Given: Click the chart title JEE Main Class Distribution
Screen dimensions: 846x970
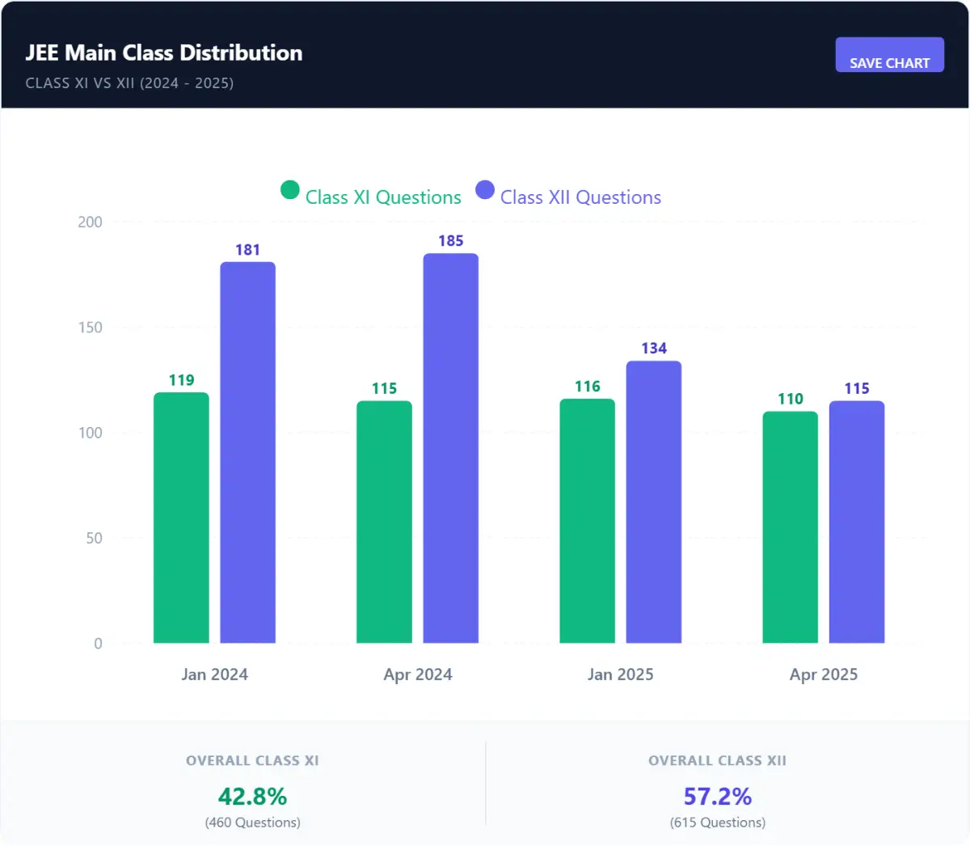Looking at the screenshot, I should click(x=164, y=53).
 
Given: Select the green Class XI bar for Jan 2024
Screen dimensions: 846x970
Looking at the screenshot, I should click(x=181, y=518).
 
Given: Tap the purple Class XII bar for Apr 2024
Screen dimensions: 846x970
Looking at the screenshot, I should click(x=450, y=449).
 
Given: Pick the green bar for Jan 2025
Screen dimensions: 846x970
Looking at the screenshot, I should click(x=587, y=521).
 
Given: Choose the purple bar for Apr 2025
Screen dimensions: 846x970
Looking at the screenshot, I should click(x=856, y=522).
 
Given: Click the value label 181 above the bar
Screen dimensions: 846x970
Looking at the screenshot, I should click(x=247, y=250).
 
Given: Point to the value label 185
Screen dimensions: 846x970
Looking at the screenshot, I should click(x=450, y=241).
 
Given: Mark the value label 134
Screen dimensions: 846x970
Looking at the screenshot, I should click(x=654, y=349).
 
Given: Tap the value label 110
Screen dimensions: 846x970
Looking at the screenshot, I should click(x=790, y=399).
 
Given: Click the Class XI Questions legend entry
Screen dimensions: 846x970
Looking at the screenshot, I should click(x=372, y=197).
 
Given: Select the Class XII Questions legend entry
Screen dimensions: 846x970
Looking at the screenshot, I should click(x=569, y=197).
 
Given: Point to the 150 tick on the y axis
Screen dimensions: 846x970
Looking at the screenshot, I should click(x=90, y=328).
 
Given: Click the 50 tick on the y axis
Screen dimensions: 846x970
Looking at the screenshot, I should click(x=94, y=538).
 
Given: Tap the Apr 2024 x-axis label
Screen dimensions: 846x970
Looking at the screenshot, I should click(x=418, y=675).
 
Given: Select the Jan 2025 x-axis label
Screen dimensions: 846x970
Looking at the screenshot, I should click(x=620, y=675).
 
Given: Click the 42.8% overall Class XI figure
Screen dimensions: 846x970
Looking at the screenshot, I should click(x=252, y=797).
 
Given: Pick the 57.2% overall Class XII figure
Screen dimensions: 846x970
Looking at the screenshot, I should click(x=717, y=797).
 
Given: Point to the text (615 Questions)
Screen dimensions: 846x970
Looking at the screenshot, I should click(x=717, y=823).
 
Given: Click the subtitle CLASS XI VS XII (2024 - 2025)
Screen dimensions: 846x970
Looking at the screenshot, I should click(x=129, y=83).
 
